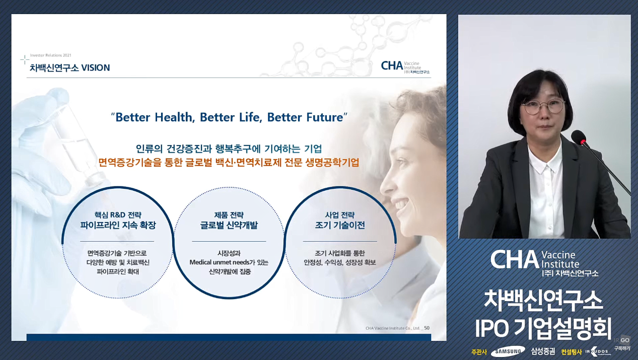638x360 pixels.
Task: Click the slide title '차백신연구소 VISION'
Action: [70, 68]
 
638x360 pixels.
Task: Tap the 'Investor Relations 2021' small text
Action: [51, 55]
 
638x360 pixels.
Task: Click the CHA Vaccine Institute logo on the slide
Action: [405, 67]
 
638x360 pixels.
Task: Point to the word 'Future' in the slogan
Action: [325, 117]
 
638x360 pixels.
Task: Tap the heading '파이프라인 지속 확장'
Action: [118, 225]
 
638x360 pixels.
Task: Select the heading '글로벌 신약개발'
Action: [229, 225]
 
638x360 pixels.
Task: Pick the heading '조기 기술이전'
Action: [340, 225]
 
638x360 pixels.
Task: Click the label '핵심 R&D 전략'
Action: [118, 215]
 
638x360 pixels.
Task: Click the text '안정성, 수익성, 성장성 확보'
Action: [340, 262]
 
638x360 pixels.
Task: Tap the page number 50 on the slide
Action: [427, 328]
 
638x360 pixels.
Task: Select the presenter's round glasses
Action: [543, 107]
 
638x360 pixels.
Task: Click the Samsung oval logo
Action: [508, 351]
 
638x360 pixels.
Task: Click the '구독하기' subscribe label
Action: [622, 348]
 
